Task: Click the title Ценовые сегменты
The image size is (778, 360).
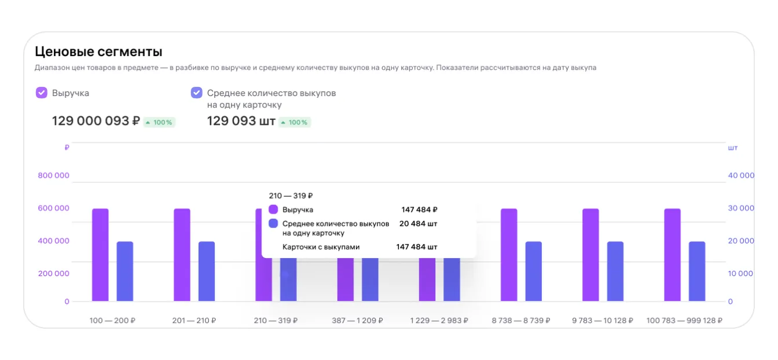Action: [98, 51]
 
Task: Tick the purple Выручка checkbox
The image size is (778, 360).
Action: [42, 93]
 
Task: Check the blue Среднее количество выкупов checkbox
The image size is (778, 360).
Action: [197, 93]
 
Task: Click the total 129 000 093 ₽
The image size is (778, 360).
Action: [96, 121]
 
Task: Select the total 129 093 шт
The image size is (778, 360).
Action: [241, 121]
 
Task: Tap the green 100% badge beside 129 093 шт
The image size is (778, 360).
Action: [295, 122]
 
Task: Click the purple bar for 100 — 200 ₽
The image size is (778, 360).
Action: [100, 255]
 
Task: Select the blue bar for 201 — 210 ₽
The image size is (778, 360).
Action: [207, 271]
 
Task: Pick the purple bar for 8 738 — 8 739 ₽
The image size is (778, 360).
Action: [509, 255]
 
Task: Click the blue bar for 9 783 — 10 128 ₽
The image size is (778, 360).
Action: [615, 271]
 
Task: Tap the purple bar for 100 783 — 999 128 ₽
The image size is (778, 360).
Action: [672, 255]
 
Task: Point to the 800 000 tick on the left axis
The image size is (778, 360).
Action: [54, 175]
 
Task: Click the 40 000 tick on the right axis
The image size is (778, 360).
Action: [741, 175]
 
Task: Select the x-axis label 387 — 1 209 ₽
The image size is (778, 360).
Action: [358, 320]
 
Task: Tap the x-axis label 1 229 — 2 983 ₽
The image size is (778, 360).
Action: [439, 320]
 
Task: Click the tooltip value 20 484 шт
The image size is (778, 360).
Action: [419, 223]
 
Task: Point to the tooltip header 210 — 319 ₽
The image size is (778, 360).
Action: [291, 196]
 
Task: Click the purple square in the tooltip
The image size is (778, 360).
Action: [273, 210]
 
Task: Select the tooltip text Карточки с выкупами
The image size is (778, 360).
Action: [321, 247]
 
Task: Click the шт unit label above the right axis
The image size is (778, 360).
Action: [733, 148]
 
